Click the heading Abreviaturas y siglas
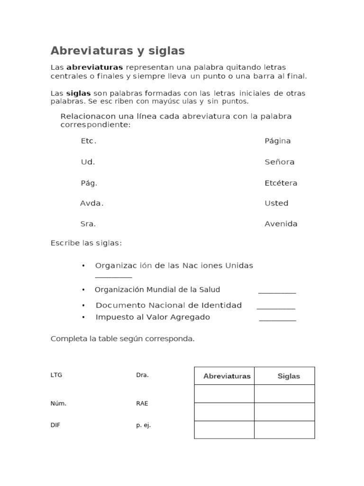point(118,51)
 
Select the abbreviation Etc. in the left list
point(89,141)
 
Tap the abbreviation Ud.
point(88,162)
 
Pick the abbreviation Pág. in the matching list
point(89,183)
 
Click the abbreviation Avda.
point(91,203)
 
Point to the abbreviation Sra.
point(88,224)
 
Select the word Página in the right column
point(277,141)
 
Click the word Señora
point(279,162)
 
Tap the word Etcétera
point(281,183)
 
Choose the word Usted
point(276,203)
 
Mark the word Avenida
point(281,224)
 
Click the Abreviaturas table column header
point(227,376)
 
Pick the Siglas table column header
point(289,376)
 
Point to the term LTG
point(56,375)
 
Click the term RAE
point(142,403)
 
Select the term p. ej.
point(143,425)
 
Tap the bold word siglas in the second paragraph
point(78,93)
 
